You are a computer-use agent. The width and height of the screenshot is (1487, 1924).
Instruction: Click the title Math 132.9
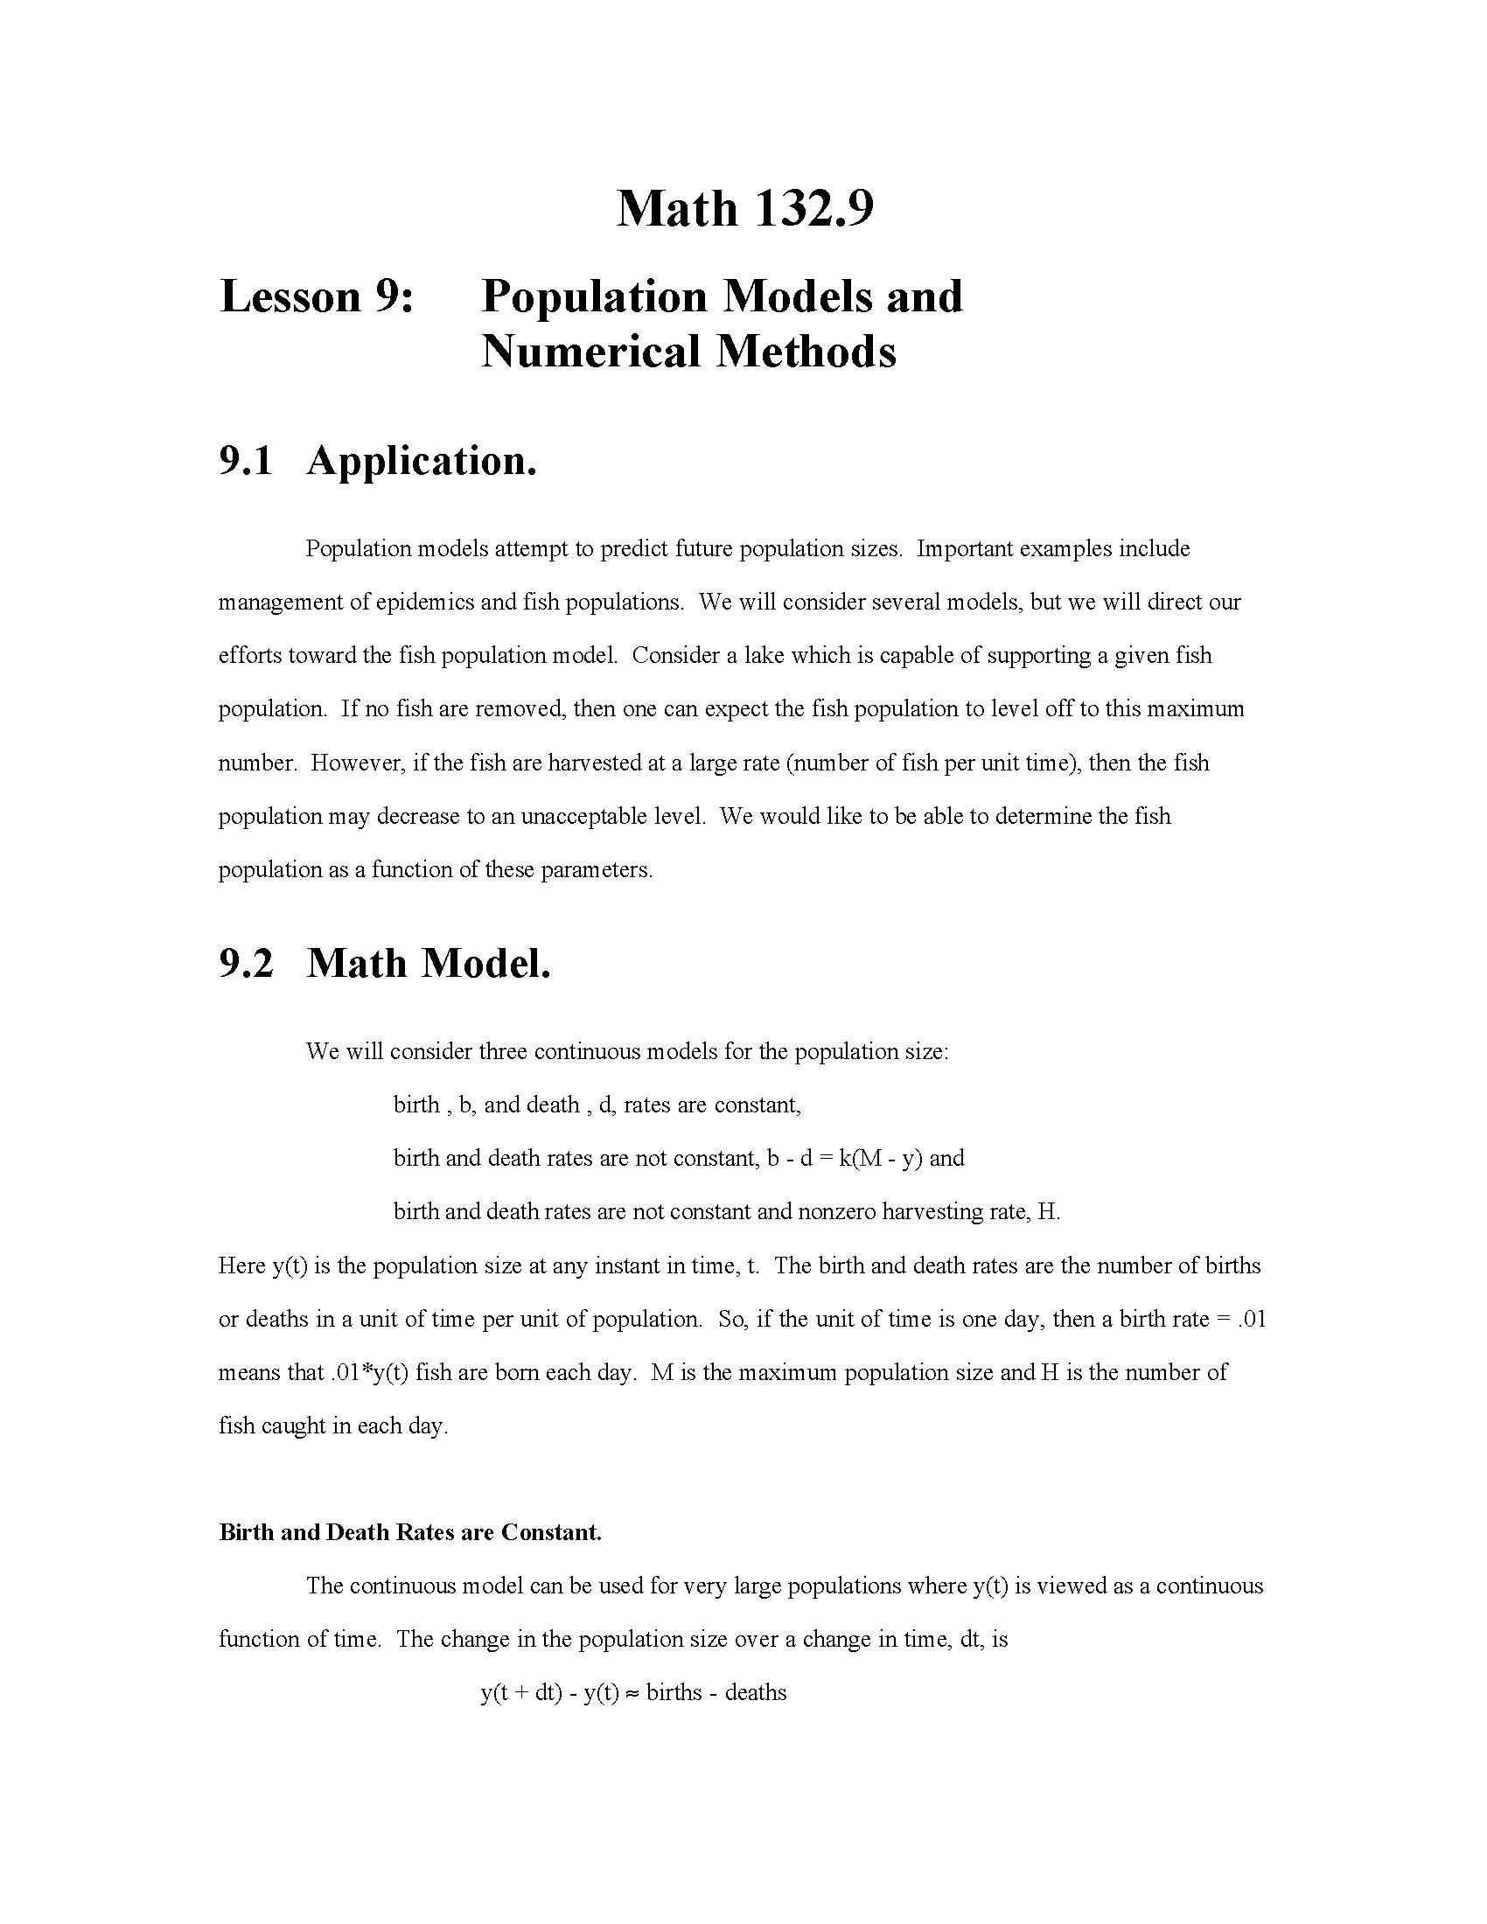tap(744, 209)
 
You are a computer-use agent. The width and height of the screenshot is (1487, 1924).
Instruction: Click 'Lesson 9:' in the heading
tap(317, 296)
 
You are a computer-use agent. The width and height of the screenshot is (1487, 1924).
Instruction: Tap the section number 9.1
tap(246, 461)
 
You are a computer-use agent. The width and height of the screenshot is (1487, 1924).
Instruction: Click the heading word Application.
tap(421, 461)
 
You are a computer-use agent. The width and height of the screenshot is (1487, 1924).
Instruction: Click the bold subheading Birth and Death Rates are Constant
tap(409, 1532)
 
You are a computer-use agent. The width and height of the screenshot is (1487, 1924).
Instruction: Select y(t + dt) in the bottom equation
tap(520, 1693)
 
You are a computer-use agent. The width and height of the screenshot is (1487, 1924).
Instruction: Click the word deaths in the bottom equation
tap(755, 1693)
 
